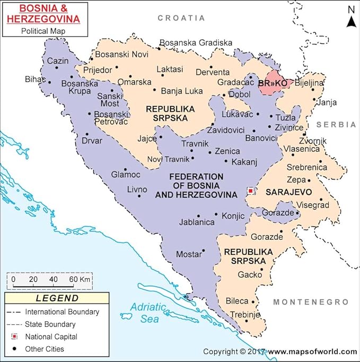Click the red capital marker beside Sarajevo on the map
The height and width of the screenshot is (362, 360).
pos(250,190)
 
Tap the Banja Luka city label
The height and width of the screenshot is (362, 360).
pos(182,91)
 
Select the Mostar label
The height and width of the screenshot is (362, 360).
pos(189,254)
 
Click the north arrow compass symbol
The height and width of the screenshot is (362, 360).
pos(350,16)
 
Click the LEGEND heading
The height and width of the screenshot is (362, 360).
pos(57,298)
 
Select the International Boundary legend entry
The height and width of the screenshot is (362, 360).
pos(62,312)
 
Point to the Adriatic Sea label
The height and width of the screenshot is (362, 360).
pos(147,313)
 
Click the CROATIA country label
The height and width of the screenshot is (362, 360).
pos(181,18)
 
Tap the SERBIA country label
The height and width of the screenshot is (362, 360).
pos(336,124)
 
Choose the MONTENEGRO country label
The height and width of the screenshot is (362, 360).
pos(311,302)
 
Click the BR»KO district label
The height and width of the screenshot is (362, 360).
pos(273,84)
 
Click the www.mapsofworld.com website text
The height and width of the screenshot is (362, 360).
pos(312,351)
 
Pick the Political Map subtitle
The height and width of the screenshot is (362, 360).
pos(46,31)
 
